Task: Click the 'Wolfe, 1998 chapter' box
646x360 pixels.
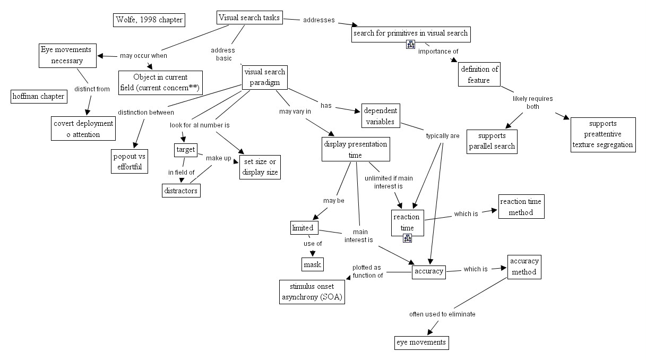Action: (x=149, y=20)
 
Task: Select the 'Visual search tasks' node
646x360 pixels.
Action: (x=249, y=18)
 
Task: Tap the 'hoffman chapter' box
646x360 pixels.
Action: (x=39, y=96)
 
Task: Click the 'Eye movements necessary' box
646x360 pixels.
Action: (x=67, y=55)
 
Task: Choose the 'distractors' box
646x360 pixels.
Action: (x=181, y=190)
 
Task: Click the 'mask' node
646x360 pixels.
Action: (x=312, y=264)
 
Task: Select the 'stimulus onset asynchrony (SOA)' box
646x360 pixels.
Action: (x=312, y=292)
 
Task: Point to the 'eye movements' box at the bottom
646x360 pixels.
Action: (x=421, y=342)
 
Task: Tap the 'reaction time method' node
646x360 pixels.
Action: (x=521, y=207)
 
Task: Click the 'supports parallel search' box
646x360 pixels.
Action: (x=492, y=141)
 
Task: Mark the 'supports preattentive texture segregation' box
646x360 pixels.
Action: (x=603, y=135)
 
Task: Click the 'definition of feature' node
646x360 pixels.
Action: (x=479, y=75)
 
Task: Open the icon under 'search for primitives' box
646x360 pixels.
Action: (x=410, y=45)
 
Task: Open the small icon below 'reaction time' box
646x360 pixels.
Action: (x=408, y=238)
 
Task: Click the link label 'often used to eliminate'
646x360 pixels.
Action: (x=442, y=314)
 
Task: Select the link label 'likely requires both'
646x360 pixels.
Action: (x=532, y=102)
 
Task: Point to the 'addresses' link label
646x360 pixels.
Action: (x=318, y=20)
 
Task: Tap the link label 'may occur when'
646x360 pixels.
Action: (x=143, y=55)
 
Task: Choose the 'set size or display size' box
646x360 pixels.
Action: (x=260, y=167)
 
